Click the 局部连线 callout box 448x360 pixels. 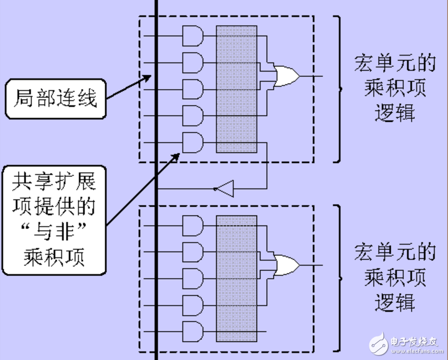pos(55,99)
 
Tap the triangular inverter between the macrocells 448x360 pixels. pos(225,189)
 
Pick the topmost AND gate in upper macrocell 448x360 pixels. pos(193,36)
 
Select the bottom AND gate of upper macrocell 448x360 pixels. pos(193,142)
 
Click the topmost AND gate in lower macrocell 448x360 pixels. pos(193,225)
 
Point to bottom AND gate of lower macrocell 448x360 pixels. pos(193,331)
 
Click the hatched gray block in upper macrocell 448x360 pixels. pos(237,89)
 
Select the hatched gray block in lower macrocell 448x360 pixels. pos(237,278)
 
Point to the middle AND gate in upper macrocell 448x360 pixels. pos(193,89)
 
